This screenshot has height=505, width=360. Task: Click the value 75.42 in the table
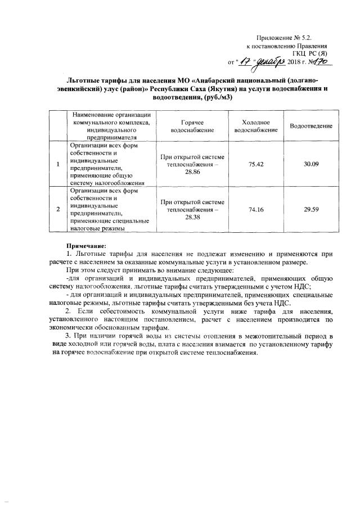point(256,164)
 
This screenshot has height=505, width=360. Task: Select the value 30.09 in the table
point(311,164)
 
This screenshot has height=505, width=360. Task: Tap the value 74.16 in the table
point(256,209)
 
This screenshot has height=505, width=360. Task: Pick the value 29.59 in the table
point(311,209)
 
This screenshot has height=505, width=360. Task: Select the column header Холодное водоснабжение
point(256,125)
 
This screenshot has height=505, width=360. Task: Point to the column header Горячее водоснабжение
point(192,125)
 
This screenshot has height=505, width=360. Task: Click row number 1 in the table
point(58,164)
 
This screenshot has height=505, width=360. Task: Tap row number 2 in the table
point(58,209)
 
